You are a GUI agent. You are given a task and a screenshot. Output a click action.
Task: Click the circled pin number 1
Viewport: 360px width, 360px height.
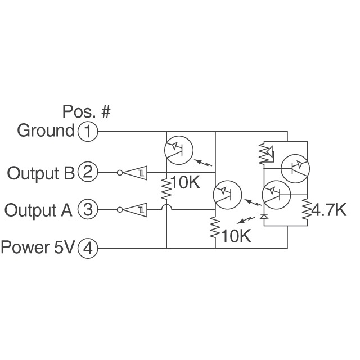click(x=87, y=132)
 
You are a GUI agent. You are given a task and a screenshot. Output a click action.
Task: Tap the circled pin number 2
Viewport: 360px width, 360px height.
click(x=87, y=172)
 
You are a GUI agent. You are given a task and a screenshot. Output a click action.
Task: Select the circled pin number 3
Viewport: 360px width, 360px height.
click(x=87, y=210)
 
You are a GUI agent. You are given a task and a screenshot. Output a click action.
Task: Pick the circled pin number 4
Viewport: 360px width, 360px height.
click(x=87, y=247)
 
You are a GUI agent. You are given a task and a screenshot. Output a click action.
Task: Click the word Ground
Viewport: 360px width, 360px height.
click(x=46, y=131)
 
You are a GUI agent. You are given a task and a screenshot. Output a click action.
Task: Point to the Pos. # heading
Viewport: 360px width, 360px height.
click(x=86, y=111)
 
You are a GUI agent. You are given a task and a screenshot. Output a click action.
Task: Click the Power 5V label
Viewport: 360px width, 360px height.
click(x=38, y=247)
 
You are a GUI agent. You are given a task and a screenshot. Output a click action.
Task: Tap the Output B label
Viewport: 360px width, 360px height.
click(x=40, y=172)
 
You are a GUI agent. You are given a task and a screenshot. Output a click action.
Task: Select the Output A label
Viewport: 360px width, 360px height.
click(x=38, y=210)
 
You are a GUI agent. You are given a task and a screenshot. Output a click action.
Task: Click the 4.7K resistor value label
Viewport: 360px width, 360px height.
click(x=330, y=210)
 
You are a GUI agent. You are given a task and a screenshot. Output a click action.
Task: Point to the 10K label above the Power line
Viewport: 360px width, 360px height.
click(x=236, y=235)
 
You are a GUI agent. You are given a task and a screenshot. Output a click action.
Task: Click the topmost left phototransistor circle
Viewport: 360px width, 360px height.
click(x=178, y=150)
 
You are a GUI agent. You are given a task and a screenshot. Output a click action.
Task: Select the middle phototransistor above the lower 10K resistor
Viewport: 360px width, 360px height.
click(x=227, y=195)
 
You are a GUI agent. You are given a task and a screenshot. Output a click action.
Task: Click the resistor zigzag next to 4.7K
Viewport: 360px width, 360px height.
click(x=307, y=209)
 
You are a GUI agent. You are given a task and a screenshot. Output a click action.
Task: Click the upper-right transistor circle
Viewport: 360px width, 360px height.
click(x=295, y=168)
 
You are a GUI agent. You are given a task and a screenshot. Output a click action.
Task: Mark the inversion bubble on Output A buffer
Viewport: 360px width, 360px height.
click(x=119, y=210)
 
